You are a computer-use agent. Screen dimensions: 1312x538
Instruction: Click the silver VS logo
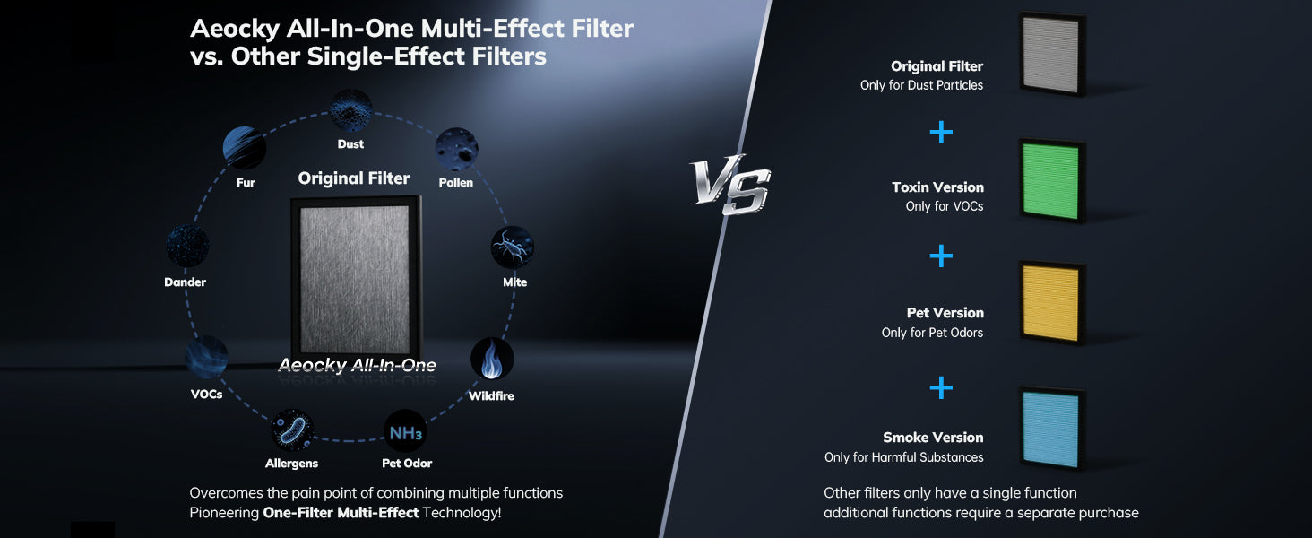click(x=729, y=184)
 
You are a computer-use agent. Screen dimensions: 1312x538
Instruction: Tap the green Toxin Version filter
click(x=1052, y=180)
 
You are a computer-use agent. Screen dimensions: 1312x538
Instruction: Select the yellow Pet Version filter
click(x=1052, y=302)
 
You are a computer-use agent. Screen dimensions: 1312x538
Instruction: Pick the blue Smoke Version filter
click(x=1052, y=429)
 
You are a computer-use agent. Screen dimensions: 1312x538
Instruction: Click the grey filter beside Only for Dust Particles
click(x=1052, y=54)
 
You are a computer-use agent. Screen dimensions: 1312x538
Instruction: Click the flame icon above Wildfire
click(x=492, y=359)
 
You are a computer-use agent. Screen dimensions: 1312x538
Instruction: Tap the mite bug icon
click(x=512, y=247)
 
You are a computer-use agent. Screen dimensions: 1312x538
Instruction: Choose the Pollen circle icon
click(x=457, y=149)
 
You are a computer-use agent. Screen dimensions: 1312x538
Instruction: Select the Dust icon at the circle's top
click(x=350, y=110)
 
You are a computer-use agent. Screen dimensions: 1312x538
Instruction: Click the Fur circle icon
click(x=245, y=148)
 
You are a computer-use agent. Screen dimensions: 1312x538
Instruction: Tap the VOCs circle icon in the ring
click(x=206, y=357)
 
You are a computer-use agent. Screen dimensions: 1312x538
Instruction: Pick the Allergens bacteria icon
click(x=292, y=430)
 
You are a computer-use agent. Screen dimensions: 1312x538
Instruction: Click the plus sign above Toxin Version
click(x=941, y=132)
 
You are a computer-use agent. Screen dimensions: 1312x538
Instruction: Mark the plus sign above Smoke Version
click(x=941, y=387)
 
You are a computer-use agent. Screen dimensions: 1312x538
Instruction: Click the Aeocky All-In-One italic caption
click(x=358, y=365)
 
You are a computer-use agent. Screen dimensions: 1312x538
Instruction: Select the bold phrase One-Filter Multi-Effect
click(x=341, y=512)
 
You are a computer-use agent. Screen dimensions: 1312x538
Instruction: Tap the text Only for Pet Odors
click(x=932, y=333)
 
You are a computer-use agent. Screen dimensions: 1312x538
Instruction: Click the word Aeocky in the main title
click(x=236, y=30)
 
